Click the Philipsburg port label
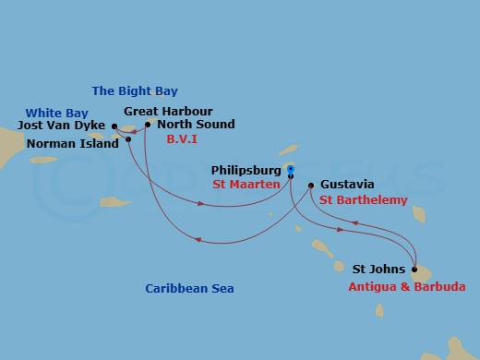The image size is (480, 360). point(246,170)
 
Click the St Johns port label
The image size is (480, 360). point(378,270)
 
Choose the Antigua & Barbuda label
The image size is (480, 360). point(407,287)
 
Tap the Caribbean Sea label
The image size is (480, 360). point(187,289)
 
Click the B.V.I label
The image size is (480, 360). point(182,138)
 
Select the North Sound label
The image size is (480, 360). point(196,125)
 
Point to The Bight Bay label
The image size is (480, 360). point(135,90)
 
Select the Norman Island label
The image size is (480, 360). point(73,144)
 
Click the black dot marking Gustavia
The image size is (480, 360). point(310,185)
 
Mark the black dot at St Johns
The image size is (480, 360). point(414,270)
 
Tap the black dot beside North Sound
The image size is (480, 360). point(147,125)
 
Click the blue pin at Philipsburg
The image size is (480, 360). point(289,170)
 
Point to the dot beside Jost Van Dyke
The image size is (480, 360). point(114,126)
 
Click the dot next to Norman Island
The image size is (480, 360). point(128,139)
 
